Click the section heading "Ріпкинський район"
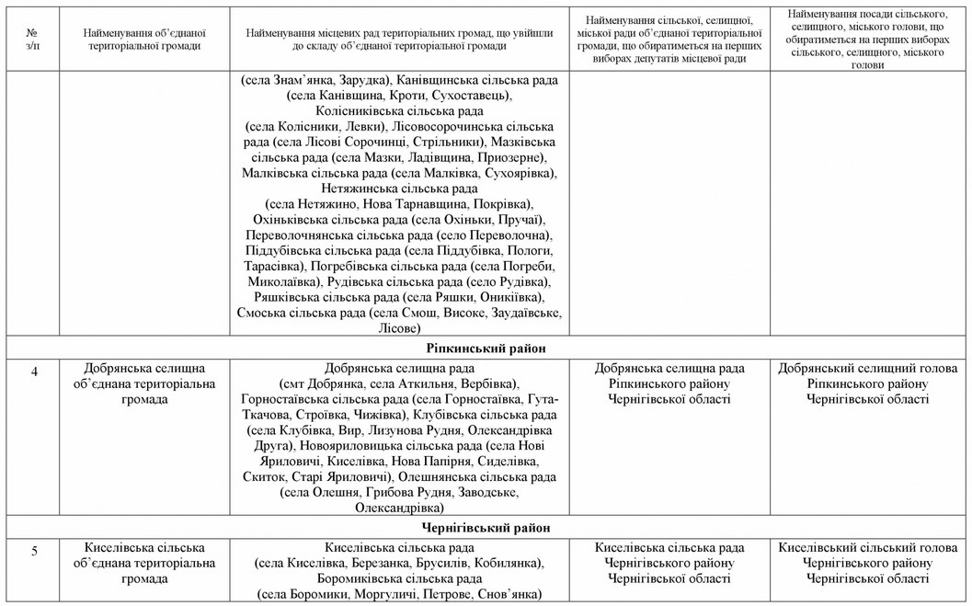pyautogui.click(x=486, y=349)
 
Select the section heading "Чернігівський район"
pyautogui.click(x=486, y=528)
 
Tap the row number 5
pyautogui.click(x=34, y=551)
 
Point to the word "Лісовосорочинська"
pyautogui.click(x=448, y=126)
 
